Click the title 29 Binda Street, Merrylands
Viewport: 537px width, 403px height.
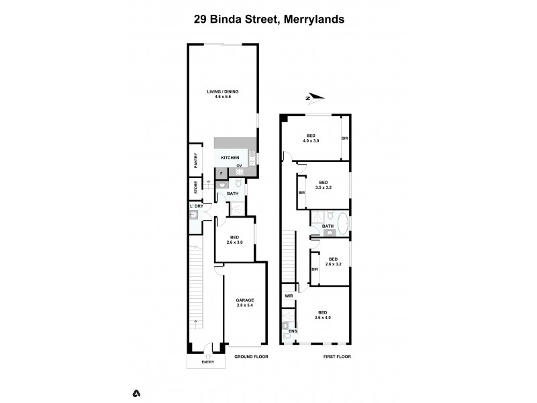point(268,19)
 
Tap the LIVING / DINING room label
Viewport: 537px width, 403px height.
point(222,91)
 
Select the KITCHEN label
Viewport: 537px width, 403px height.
point(230,158)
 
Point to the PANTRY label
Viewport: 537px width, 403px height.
point(196,162)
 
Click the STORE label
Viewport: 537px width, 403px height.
point(196,187)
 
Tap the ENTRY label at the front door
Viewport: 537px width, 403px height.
point(208,363)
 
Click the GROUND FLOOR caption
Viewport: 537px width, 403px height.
point(251,357)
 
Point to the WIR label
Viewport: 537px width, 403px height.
point(289,296)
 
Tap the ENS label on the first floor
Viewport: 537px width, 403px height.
point(292,331)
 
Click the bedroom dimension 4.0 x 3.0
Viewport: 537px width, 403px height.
point(311,141)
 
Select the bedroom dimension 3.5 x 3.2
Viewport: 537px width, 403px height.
point(323,188)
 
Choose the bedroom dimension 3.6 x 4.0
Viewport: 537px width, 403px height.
point(323,318)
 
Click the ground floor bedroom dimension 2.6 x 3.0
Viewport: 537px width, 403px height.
point(235,242)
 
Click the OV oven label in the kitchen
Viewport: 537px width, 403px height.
point(239,165)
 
